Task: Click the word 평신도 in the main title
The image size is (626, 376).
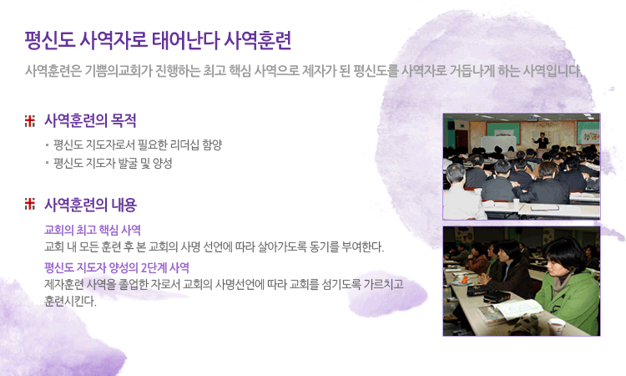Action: (50, 40)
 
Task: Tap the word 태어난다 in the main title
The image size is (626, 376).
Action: (185, 40)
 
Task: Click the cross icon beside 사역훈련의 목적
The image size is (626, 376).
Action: (30, 120)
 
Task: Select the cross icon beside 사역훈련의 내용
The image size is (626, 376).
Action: (30, 204)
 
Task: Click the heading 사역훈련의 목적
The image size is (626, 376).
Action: (90, 120)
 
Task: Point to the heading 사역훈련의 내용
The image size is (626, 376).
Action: (91, 205)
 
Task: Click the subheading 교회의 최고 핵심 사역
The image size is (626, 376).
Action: (92, 230)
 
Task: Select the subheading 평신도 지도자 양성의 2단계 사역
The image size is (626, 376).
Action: (117, 267)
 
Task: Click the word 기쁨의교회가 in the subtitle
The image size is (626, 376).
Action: (119, 71)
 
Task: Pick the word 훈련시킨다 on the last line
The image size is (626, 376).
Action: (70, 301)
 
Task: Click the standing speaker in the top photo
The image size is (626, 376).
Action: (542, 140)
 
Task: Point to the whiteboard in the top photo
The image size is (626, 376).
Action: (498, 144)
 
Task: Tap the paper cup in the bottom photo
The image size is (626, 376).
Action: (556, 327)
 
